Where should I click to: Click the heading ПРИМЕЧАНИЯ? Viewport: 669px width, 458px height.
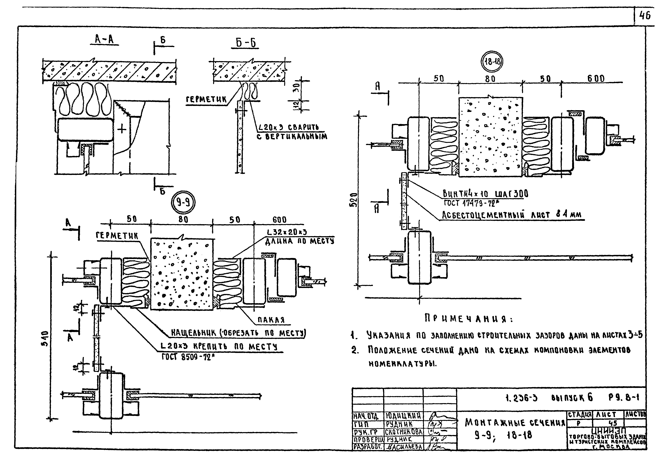469,319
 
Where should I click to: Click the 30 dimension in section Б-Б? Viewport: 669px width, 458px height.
298,85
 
